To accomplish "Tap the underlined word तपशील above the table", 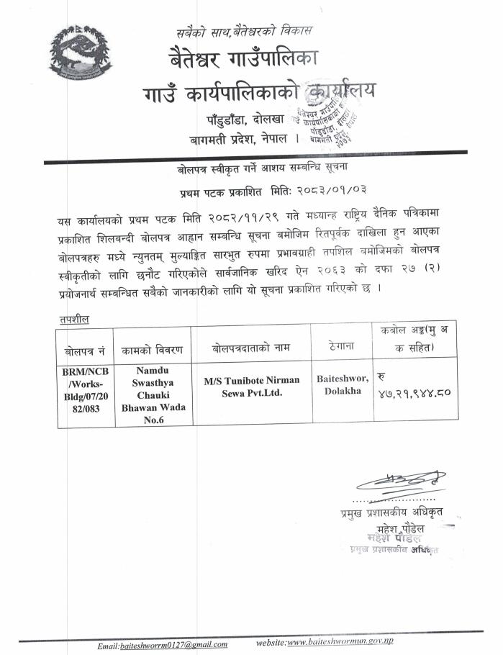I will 74,318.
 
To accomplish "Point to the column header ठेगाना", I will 340,346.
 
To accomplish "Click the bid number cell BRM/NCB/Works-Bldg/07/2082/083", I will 84,393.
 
